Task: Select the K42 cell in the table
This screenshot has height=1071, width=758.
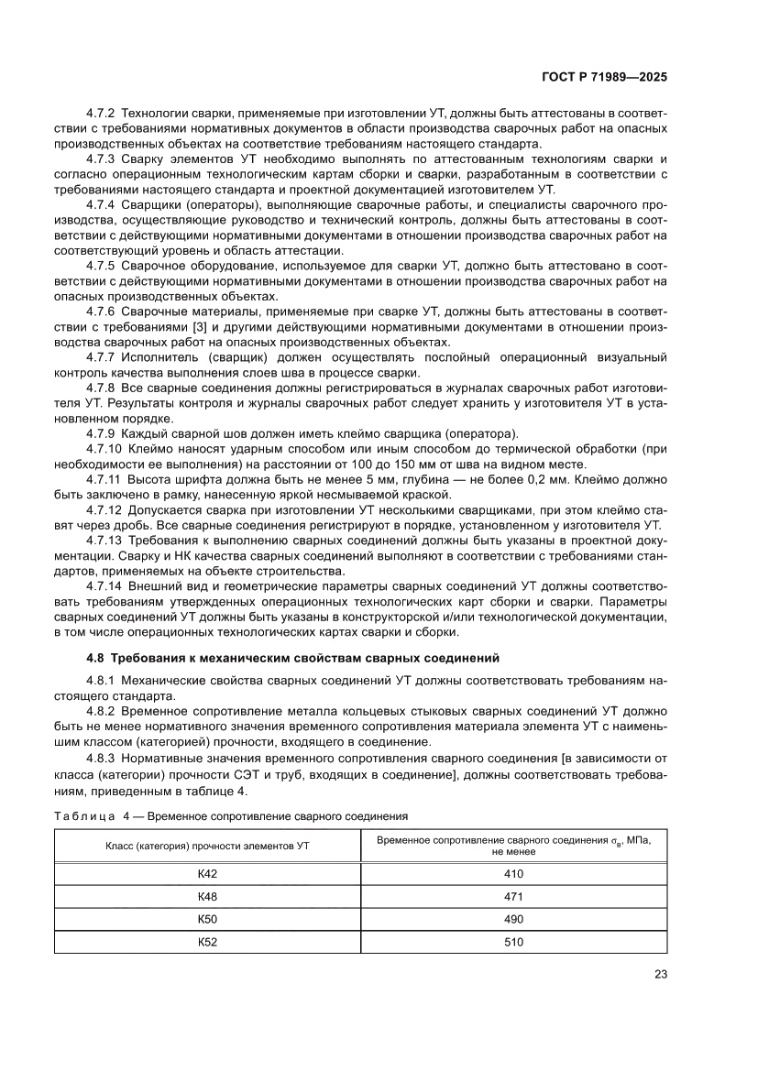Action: point(207,873)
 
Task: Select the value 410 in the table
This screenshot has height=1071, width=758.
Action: point(513,873)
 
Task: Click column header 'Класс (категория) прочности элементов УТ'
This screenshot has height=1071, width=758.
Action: point(207,845)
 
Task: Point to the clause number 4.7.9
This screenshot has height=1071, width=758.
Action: point(100,432)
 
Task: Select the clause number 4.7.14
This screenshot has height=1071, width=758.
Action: point(104,585)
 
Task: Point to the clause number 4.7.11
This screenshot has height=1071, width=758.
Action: point(104,479)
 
